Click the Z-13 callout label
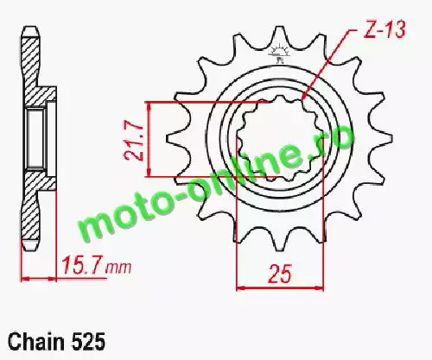coord(384,29)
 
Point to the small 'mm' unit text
coord(118,268)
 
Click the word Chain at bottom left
coord(36,342)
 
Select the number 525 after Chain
coord(87,342)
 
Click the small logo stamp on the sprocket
coord(279,54)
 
